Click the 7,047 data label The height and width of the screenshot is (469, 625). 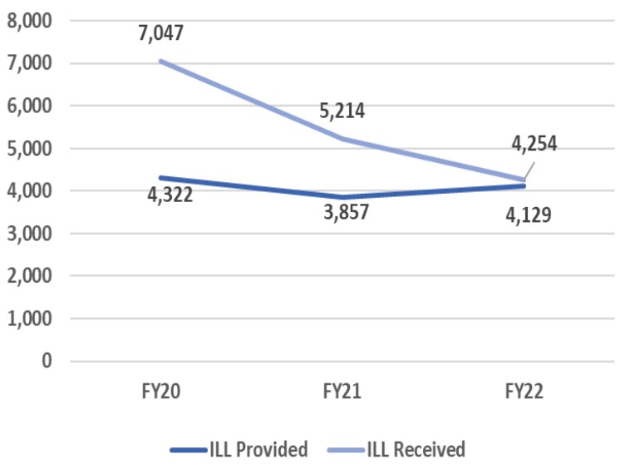(x=160, y=34)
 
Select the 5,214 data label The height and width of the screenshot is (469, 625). (x=341, y=110)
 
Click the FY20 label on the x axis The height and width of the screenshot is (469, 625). (x=161, y=392)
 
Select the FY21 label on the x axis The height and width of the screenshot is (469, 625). (x=342, y=392)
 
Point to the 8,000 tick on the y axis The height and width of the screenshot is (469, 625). (x=28, y=20)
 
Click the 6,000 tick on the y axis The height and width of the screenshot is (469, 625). (x=28, y=106)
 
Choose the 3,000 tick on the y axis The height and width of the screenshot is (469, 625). (x=28, y=233)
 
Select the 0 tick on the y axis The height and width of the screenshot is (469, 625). (x=46, y=361)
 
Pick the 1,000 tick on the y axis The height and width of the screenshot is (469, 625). (x=28, y=318)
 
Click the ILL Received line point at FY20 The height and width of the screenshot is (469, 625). (x=161, y=61)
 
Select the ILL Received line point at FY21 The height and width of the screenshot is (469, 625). (x=342, y=139)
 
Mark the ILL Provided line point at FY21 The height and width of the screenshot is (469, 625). (x=342, y=197)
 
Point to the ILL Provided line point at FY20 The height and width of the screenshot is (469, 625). (x=161, y=177)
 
